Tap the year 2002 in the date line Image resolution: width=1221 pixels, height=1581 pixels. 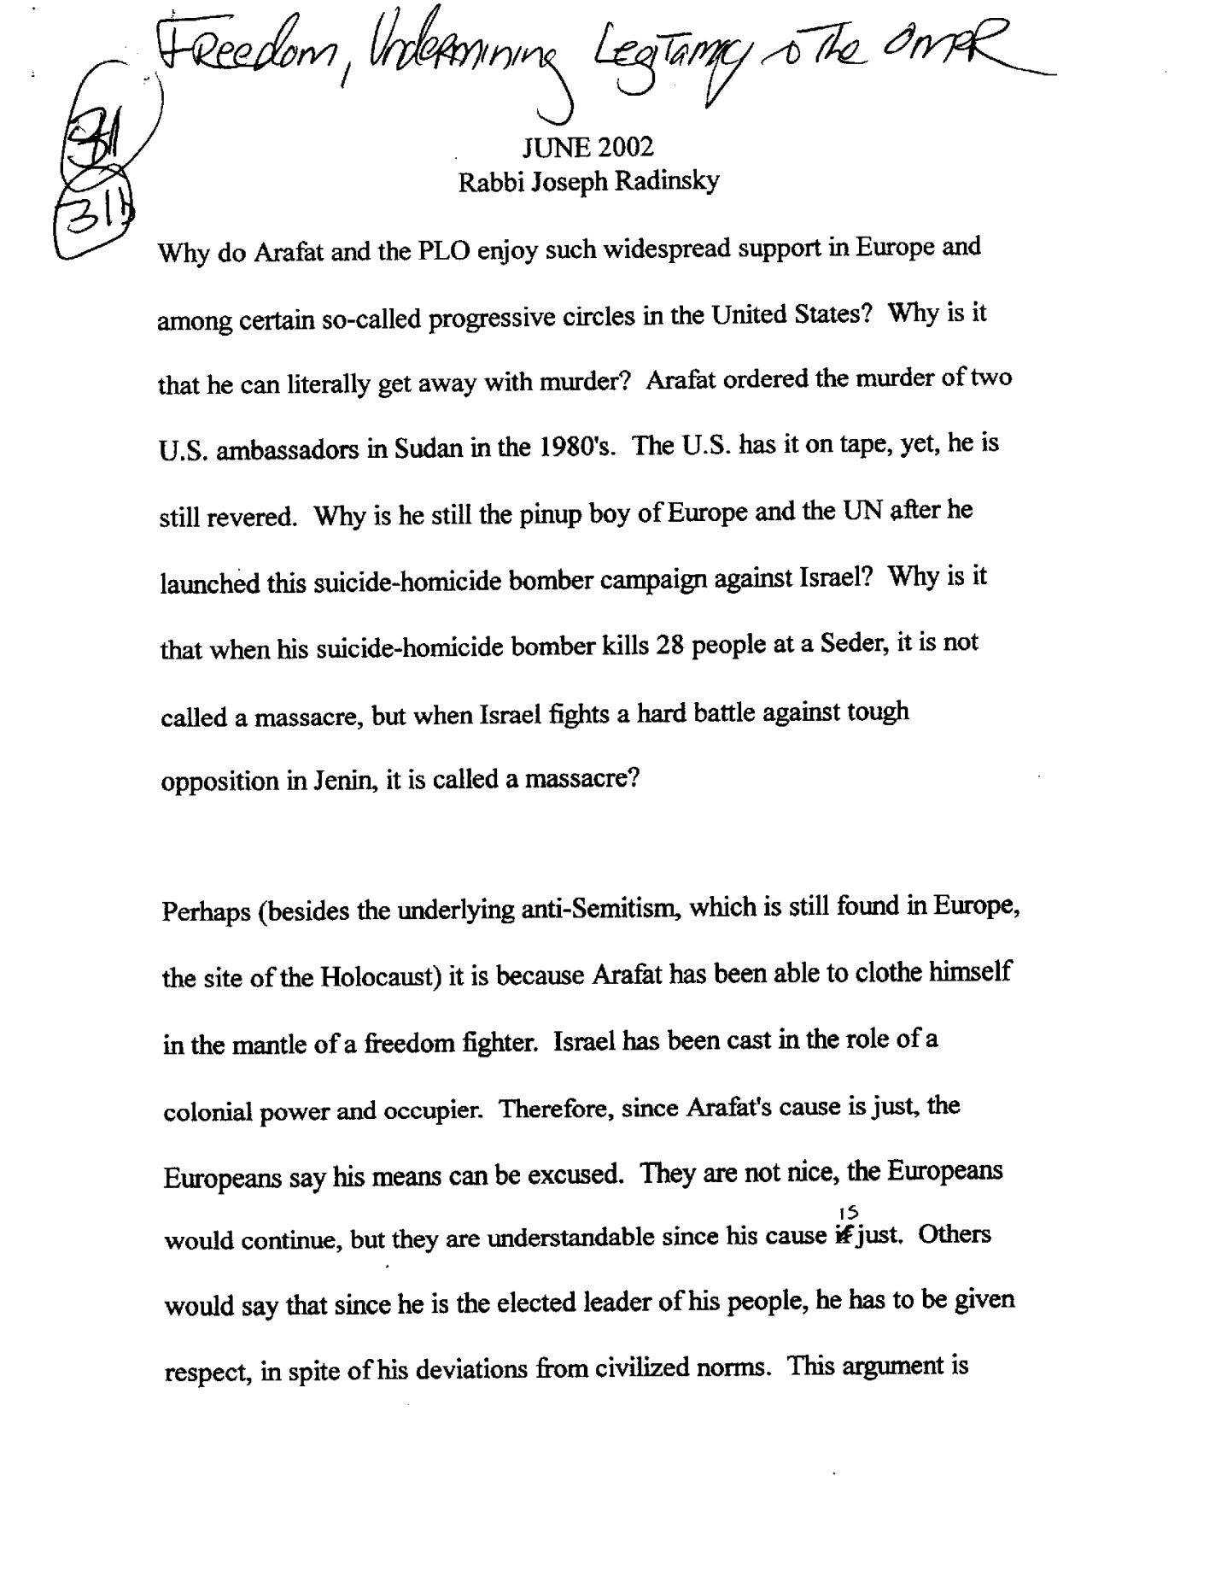point(625,148)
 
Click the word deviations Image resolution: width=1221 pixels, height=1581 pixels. point(474,1369)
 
